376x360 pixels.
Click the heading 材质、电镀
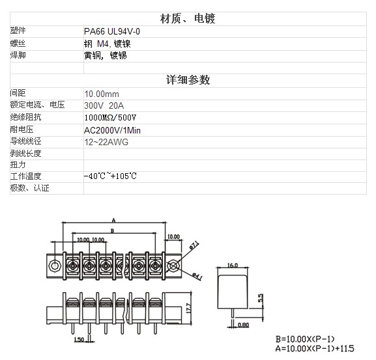point(188,19)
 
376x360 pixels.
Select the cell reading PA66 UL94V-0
point(112,31)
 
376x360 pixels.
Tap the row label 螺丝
point(18,44)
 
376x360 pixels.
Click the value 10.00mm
point(102,94)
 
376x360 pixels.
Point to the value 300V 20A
point(104,105)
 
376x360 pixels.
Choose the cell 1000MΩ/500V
point(110,118)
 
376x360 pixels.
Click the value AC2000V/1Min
point(112,130)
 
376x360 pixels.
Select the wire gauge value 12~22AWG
point(106,142)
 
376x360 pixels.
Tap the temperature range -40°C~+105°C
point(110,176)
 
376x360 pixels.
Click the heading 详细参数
point(188,80)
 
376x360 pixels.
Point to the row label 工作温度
point(25,176)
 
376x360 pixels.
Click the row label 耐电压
point(22,130)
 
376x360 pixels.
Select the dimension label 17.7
point(188,308)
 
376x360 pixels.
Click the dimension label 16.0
point(233,265)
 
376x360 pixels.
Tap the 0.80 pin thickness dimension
point(244,325)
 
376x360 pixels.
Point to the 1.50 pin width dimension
point(79,339)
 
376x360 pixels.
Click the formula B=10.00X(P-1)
point(305,339)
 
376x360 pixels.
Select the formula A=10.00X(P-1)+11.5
point(315,348)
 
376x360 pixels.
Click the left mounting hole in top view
point(55,266)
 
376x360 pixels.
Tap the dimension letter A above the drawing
point(113,220)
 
